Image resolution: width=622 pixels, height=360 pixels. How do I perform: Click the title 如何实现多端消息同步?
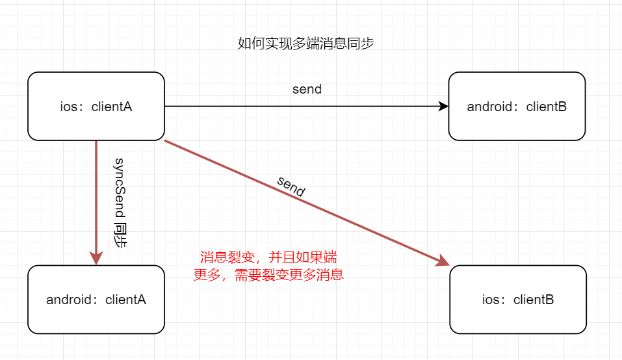pos(305,44)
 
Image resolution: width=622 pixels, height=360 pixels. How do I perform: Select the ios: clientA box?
pos(96,106)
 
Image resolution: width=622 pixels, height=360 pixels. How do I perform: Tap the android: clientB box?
pos(517,106)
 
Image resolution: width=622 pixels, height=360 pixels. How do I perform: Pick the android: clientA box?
pos(96,300)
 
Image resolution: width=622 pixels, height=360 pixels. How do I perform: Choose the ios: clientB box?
pos(517,300)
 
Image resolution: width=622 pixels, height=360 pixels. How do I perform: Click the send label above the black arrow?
pos(307,89)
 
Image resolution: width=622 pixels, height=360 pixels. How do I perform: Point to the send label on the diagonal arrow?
pos(291,186)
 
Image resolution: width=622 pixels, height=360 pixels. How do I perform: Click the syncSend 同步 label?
pos(120,203)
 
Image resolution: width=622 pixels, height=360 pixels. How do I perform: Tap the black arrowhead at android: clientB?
pos(444,106)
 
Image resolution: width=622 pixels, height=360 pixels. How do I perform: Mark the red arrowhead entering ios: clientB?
pos(443,261)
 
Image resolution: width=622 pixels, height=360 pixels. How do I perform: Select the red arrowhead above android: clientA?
pos(96,257)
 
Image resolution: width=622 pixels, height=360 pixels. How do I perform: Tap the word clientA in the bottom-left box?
pos(125,300)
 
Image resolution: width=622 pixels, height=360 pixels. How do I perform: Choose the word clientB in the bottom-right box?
pos(534,300)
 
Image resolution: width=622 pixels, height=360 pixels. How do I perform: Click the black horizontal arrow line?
pos(305,106)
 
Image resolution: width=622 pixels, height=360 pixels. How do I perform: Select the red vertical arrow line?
pos(96,195)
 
